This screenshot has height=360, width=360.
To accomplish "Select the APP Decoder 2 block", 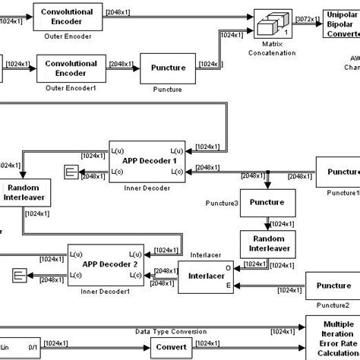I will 105,265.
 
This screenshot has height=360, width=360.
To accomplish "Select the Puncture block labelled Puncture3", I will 267,203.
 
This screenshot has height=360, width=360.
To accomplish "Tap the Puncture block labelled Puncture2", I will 333,286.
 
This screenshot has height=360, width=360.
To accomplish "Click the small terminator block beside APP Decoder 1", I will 71,174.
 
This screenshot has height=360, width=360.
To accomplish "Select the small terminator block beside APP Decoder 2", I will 20,274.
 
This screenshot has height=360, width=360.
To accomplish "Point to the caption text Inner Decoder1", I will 104,292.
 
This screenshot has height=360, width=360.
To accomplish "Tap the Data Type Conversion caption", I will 171,331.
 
